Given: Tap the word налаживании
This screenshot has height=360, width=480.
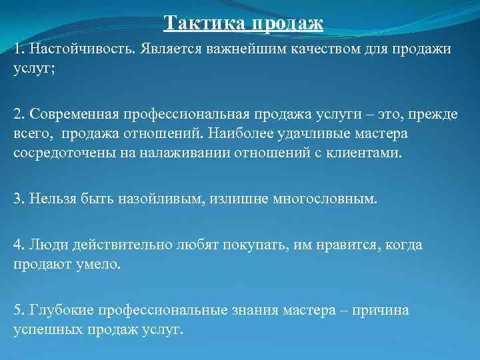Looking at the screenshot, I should tap(178, 153).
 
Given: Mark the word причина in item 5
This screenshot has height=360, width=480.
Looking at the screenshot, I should tap(381, 310).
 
